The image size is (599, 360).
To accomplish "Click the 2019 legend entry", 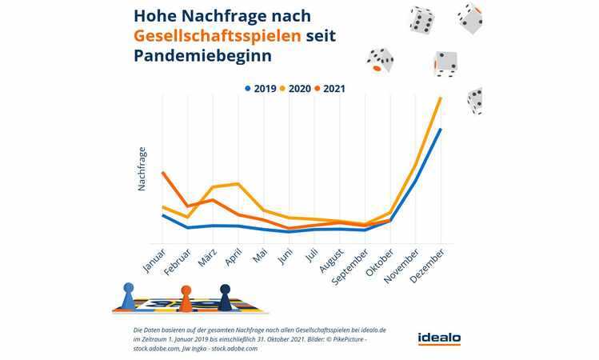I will (261, 88).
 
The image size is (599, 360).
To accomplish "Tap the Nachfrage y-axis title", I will (142, 168).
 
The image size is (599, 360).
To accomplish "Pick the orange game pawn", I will (186, 298).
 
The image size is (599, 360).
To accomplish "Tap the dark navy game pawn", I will (225, 297).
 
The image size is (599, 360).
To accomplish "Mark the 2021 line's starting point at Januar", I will (162, 172).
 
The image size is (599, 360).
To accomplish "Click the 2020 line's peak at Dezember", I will (441, 98).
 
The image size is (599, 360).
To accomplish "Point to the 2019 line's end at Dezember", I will (441, 129).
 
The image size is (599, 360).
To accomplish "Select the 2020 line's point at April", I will (238, 184).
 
